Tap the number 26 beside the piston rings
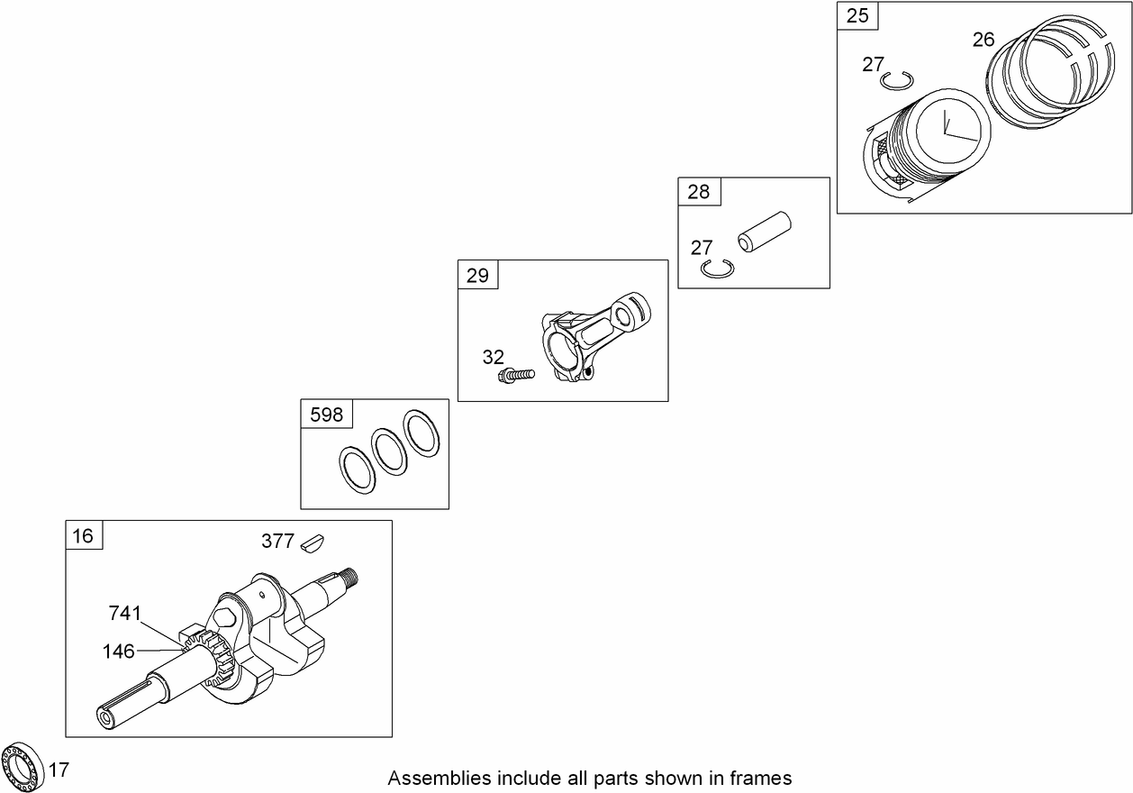point(984,40)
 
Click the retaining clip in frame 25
point(897,81)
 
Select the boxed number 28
point(698,191)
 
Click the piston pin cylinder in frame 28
point(763,231)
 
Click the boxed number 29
point(477,275)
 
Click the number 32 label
point(493,357)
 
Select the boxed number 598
point(326,414)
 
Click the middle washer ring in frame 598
point(390,449)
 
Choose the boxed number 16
point(83,535)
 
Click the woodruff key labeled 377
point(313,542)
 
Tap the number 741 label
point(125,614)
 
